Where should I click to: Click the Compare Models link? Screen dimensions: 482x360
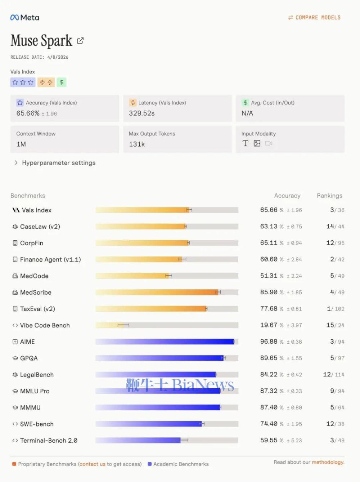(x=314, y=18)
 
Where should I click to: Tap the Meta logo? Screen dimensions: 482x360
(x=25, y=18)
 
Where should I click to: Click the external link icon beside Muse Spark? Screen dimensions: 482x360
(x=80, y=41)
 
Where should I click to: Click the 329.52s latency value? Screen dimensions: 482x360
(x=141, y=113)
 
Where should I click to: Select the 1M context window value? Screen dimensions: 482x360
(x=21, y=144)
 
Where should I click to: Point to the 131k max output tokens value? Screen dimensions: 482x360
(x=137, y=144)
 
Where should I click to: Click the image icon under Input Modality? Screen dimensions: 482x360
(x=257, y=143)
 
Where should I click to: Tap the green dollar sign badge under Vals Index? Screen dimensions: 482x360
(x=62, y=82)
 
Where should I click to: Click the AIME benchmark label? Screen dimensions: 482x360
(x=27, y=342)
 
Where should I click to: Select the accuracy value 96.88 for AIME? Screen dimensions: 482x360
(x=269, y=342)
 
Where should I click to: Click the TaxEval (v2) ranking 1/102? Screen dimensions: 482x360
(x=336, y=309)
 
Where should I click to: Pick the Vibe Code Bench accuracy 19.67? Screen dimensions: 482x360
(x=269, y=325)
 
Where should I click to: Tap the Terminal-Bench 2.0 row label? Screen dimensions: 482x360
(x=49, y=441)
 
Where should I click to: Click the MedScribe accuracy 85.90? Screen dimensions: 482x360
(x=269, y=292)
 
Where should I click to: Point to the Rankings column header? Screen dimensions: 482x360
(x=329, y=196)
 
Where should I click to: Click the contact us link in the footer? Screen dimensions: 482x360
(x=93, y=464)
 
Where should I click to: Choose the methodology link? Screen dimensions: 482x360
(x=328, y=462)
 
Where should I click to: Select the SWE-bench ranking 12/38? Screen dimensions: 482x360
(x=335, y=424)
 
